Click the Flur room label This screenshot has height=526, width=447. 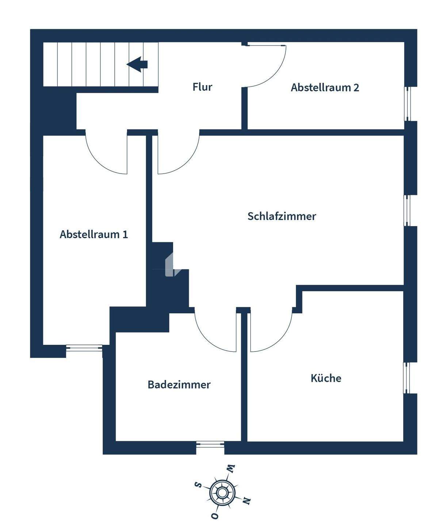pos(202,87)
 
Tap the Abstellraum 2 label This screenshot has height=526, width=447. pos(325,88)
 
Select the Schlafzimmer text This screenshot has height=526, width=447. pos(282,216)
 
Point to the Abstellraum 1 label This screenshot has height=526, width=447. pos(94,234)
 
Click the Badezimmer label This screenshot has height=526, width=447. pos(179,385)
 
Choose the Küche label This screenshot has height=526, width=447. pos(326,378)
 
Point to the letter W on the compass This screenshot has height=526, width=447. pos(231,468)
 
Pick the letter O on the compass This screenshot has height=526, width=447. pos(215,516)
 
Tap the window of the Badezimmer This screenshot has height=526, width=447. pos(210,444)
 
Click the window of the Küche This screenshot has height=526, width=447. pos(407,378)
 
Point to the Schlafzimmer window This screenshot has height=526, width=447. pos(407,210)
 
